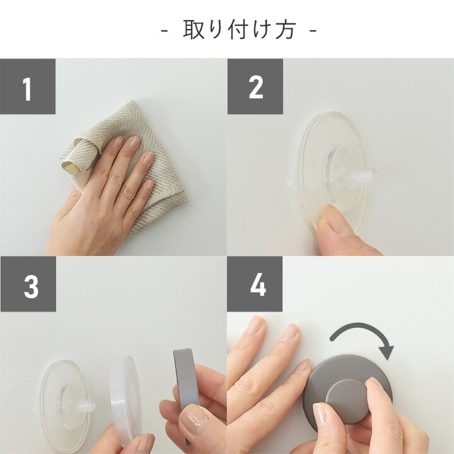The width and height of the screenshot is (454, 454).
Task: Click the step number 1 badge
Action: point(28,86)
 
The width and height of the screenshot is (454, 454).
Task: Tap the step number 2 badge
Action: point(255,86)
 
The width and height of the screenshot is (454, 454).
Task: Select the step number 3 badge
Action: point(28,284)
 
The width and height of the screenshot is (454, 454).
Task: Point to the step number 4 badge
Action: point(255,284)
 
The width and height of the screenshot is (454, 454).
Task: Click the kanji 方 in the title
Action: point(286,30)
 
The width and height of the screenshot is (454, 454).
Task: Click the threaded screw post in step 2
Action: point(361,176)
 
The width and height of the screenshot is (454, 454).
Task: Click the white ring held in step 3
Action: point(125,401)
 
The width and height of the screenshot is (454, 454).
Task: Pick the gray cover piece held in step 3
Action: point(187,385)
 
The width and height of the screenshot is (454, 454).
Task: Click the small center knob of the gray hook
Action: point(346,401)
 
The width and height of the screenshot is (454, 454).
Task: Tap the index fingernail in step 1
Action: point(117,141)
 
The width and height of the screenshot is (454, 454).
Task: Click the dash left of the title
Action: point(164,30)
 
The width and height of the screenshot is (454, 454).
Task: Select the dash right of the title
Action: point(313,30)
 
